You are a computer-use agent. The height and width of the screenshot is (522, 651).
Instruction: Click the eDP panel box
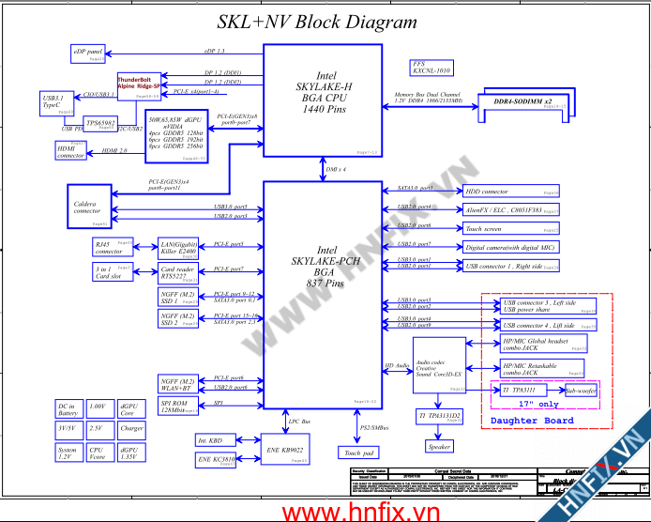(89, 53)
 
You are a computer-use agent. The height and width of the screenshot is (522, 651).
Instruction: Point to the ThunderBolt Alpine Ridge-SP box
(139, 85)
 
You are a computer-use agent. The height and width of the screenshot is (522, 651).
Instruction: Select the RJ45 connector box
(111, 248)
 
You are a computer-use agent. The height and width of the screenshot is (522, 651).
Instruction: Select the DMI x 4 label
(336, 169)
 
